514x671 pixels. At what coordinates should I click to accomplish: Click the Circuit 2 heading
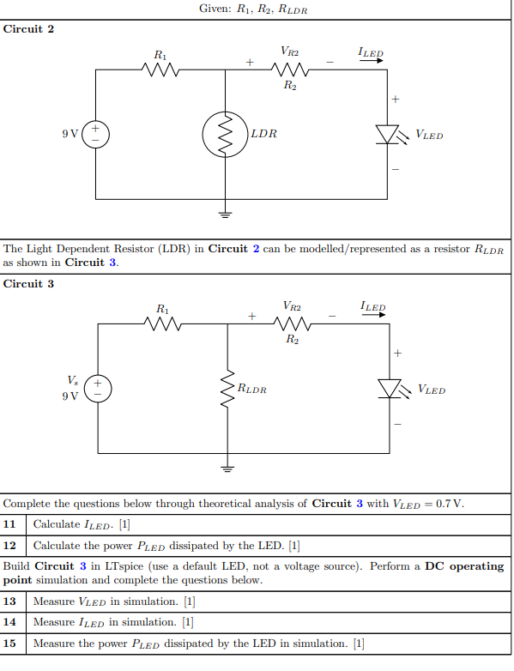click(29, 29)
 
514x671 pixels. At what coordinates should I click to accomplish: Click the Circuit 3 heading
click(29, 284)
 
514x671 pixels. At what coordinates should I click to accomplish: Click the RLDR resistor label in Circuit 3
click(252, 390)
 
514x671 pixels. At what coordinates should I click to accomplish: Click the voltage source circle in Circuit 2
click(95, 134)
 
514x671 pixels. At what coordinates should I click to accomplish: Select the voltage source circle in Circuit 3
click(98, 389)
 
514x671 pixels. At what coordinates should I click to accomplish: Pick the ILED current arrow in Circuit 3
click(373, 317)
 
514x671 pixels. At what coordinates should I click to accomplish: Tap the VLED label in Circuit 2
click(429, 135)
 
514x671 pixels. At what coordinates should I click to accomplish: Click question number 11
click(10, 523)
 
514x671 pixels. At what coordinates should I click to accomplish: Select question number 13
click(10, 601)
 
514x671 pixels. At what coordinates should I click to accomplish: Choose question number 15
click(10, 644)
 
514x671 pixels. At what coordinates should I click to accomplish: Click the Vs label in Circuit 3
click(71, 379)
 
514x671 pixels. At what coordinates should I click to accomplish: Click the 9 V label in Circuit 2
click(70, 135)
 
